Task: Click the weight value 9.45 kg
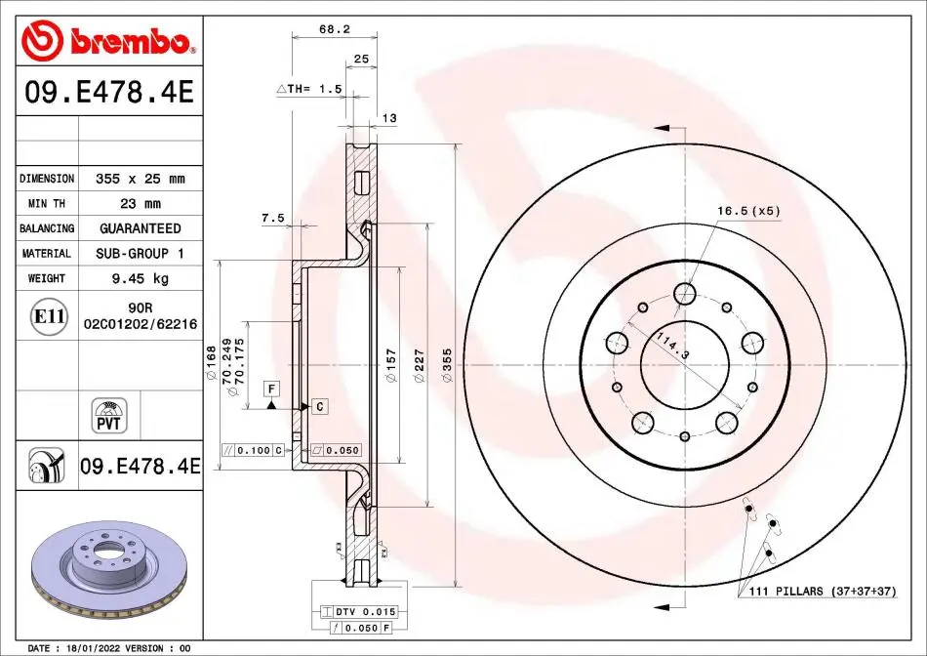(x=141, y=278)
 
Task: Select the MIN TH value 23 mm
(x=141, y=204)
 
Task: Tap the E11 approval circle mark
(x=49, y=316)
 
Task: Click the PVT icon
(x=108, y=416)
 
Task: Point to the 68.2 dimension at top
(x=335, y=28)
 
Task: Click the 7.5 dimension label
(x=273, y=219)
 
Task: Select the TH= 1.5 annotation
(x=309, y=89)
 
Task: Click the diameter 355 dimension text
(x=447, y=365)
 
